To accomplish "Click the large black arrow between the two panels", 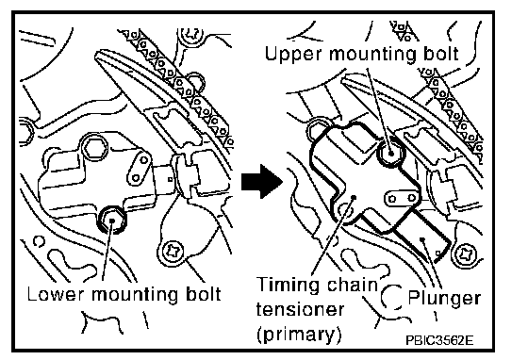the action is click(x=262, y=182).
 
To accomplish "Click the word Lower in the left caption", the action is click(x=56, y=295).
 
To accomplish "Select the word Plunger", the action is click(x=444, y=299).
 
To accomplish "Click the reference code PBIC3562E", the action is click(x=439, y=340).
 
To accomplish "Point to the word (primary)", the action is click(x=299, y=335).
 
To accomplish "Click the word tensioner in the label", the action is click(x=301, y=309).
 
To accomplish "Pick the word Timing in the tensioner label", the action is click(x=288, y=286).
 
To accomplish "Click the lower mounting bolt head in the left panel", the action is click(x=111, y=220).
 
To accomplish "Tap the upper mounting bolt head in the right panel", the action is click(x=390, y=153).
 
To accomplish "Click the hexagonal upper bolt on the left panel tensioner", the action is click(x=95, y=147).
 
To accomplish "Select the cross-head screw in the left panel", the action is click(x=173, y=251).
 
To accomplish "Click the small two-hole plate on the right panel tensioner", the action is click(x=402, y=198).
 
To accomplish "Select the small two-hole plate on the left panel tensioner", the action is click(x=140, y=168).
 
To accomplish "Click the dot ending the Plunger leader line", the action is click(x=421, y=239).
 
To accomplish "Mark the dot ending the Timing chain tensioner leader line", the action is click(x=354, y=198).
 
